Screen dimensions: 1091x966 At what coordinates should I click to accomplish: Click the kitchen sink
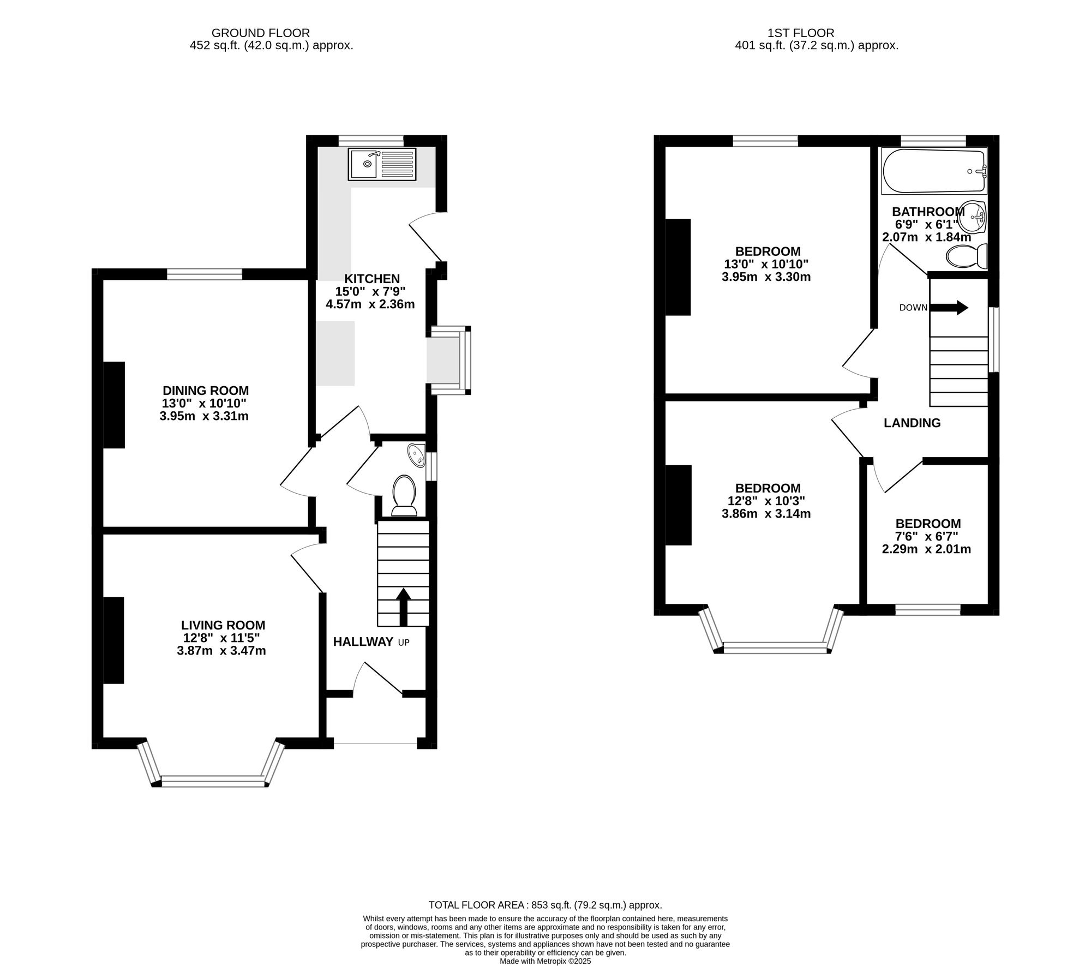pyautogui.click(x=382, y=164)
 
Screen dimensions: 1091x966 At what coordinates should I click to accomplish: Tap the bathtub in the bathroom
pyautogui.click(x=934, y=171)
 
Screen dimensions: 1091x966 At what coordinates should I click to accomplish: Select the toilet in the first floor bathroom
pyautogui.click(x=967, y=256)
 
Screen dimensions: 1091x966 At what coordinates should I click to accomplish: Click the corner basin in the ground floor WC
pyautogui.click(x=417, y=454)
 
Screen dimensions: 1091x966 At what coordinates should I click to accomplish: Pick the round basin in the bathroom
pyautogui.click(x=973, y=217)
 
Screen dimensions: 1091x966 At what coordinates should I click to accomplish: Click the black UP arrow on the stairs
pyautogui.click(x=403, y=607)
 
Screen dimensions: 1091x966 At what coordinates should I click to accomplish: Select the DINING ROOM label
pyautogui.click(x=206, y=391)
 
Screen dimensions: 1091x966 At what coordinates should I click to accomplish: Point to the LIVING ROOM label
pyautogui.click(x=223, y=625)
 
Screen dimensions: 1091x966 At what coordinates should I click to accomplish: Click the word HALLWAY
pyautogui.click(x=363, y=641)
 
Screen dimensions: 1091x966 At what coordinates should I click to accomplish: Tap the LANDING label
pyautogui.click(x=912, y=423)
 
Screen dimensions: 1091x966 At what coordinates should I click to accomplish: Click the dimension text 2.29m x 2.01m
pyautogui.click(x=926, y=549)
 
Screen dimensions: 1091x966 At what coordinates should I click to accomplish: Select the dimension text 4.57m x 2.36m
pyautogui.click(x=370, y=304)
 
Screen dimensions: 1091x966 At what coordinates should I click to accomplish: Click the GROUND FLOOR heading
pyautogui.click(x=261, y=33)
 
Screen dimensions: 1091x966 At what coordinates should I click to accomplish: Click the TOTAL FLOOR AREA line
pyautogui.click(x=545, y=905)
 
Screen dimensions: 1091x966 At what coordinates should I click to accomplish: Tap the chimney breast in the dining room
pyautogui.click(x=114, y=405)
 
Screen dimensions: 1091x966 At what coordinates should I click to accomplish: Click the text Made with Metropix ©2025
pyautogui.click(x=545, y=961)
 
